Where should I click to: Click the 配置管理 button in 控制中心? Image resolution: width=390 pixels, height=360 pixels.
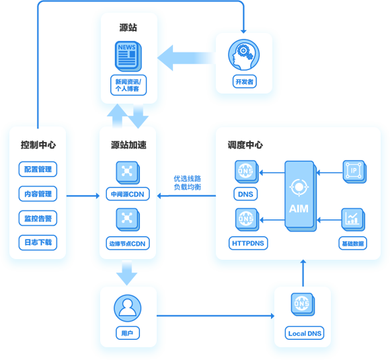(38, 170)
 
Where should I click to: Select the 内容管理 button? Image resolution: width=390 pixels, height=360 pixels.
(38, 194)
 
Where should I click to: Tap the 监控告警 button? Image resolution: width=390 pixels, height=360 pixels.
(38, 218)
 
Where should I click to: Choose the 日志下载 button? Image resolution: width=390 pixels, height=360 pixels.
(38, 242)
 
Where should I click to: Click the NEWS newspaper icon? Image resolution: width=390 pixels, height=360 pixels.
(128, 57)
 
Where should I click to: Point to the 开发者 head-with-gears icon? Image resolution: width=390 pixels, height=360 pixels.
(243, 55)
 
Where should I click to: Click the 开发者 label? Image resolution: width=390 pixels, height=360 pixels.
(245, 81)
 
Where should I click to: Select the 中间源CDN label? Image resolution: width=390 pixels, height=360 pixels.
(128, 194)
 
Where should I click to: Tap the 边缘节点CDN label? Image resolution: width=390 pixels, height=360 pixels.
(128, 243)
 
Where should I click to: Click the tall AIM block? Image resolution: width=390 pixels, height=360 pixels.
(300, 196)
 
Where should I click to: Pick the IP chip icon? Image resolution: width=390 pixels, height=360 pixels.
(354, 172)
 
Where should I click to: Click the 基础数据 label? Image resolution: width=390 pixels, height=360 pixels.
(353, 243)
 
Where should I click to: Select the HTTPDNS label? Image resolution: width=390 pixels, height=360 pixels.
(248, 243)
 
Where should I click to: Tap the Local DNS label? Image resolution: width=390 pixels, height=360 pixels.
(305, 333)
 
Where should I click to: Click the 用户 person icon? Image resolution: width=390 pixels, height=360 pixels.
(127, 308)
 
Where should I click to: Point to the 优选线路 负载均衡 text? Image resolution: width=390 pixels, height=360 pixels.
(188, 183)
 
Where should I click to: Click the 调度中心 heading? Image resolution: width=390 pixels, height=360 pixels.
(245, 145)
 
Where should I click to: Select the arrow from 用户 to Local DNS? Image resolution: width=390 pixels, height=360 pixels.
(215, 316)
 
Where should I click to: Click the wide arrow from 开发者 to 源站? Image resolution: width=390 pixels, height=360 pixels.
(187, 58)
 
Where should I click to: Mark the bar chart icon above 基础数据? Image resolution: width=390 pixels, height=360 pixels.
(353, 219)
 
